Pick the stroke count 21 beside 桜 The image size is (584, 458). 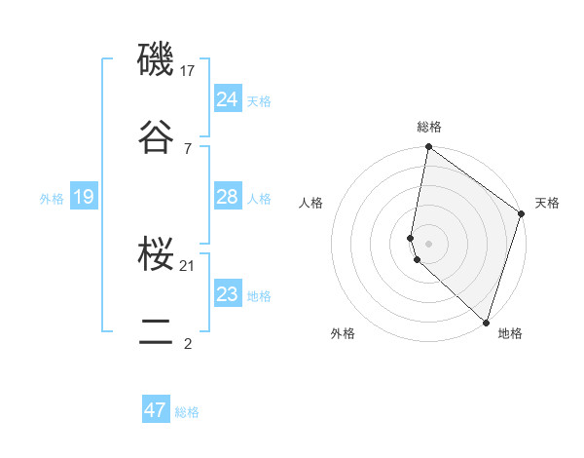point(189,266)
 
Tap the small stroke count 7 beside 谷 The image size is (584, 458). point(187,148)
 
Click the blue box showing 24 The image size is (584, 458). point(227,99)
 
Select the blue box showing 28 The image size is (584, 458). point(227,197)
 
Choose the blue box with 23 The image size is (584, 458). point(227,294)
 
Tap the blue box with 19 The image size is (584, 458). point(83,198)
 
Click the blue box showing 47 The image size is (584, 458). point(155,410)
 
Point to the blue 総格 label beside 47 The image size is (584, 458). point(187,412)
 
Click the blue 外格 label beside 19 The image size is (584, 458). point(52,199)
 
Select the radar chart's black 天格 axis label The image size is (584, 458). point(547,203)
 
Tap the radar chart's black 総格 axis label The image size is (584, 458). point(429,127)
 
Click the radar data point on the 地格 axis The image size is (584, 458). point(486,322)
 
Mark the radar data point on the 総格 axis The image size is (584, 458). point(428,148)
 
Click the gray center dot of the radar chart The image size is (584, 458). point(428,243)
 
